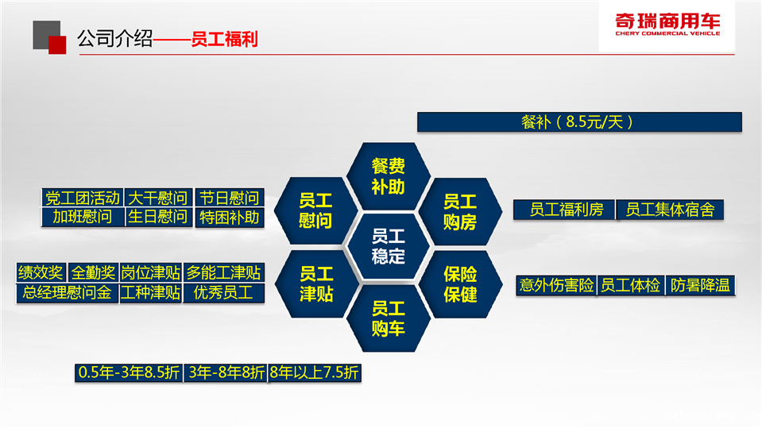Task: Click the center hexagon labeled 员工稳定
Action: pos(388,247)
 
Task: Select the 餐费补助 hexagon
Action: pos(388,176)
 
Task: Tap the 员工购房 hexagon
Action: pos(460,211)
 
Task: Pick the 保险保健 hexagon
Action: pos(460,284)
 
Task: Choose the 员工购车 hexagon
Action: pos(388,318)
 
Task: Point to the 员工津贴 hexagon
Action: pos(316,283)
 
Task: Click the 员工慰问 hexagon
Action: pos(316,211)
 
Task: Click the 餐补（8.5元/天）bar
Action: pos(579,122)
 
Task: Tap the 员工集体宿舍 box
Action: pos(670,210)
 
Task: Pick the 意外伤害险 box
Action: pos(556,285)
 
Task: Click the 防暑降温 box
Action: pos(700,285)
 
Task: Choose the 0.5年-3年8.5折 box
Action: pos(129,372)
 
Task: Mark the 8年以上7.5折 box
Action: pos(315,372)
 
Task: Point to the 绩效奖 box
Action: pos(41,272)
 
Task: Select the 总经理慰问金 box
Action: pos(67,293)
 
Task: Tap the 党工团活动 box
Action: pos(83,198)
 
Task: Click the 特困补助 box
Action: pos(229,217)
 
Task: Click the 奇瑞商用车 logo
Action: pos(667,25)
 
